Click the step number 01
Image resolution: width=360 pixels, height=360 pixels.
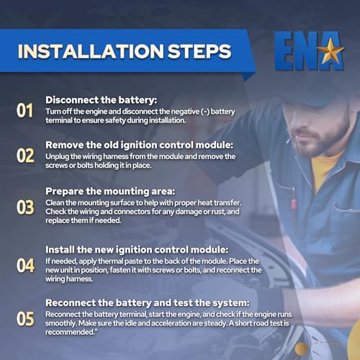[x=24, y=111]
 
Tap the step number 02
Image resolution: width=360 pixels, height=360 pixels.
[x=25, y=156]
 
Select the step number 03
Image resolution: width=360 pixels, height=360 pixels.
[x=25, y=207]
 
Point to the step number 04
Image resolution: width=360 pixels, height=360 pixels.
[x=25, y=266]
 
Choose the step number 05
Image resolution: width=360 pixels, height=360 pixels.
[x=25, y=319]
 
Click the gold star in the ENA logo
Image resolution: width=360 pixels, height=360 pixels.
[x=330, y=50]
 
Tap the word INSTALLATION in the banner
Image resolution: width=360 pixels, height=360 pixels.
[x=91, y=51]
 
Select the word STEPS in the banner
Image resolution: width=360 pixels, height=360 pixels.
[x=199, y=51]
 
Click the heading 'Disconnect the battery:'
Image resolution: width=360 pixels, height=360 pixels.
[x=101, y=100]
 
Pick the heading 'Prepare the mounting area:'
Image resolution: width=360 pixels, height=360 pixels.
[x=110, y=192]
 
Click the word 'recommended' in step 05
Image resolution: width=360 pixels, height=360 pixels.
[x=70, y=332]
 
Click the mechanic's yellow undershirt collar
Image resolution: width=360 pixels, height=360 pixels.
[x=325, y=168]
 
